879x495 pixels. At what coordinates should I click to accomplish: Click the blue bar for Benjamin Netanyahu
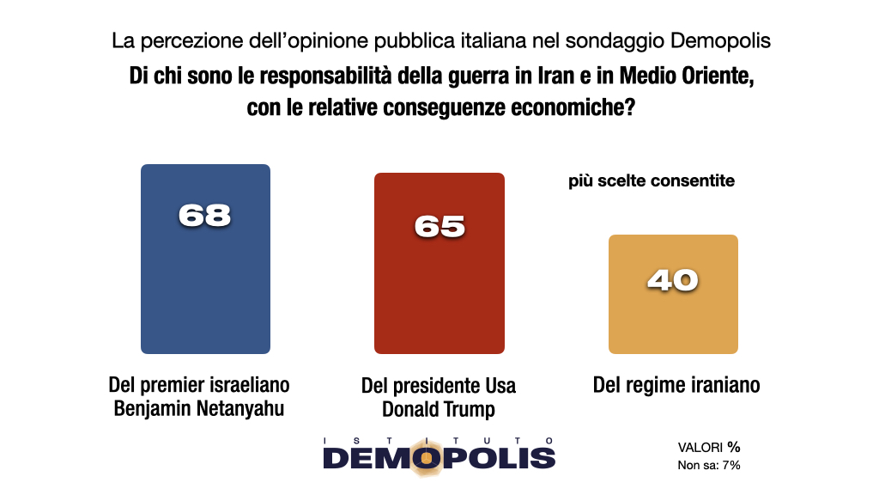coord(205,284)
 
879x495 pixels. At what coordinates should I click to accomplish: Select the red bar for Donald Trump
coord(439,292)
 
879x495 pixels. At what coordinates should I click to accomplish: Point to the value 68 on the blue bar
coord(205,215)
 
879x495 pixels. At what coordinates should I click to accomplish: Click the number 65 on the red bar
coord(439,225)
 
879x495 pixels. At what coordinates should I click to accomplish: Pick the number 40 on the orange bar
coord(673,280)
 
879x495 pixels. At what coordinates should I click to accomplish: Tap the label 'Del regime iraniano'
coord(676,384)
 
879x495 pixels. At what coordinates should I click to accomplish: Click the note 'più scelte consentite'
coord(652,181)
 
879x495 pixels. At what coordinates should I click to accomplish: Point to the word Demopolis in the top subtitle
coord(720,40)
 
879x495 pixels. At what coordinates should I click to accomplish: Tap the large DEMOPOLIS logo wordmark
coord(439,457)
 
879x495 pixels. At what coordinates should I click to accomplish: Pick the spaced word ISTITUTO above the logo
coord(439,440)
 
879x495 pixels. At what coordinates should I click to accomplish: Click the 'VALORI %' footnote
coord(709,448)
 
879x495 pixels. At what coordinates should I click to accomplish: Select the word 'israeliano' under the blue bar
coord(249,383)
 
